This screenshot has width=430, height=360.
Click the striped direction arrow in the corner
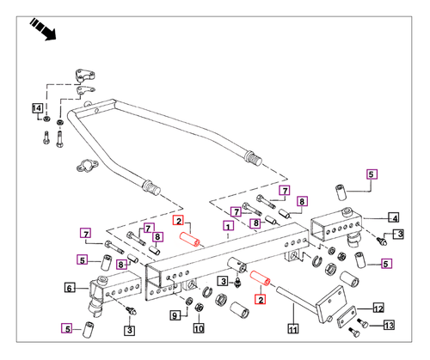click(43, 29)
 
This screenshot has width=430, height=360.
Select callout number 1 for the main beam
click(228, 226)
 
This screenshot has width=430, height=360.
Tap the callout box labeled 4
click(395, 217)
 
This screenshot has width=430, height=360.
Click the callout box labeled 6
click(70, 287)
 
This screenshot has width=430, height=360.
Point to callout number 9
click(175, 315)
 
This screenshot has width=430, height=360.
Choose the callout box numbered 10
click(199, 328)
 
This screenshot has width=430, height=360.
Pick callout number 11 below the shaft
click(292, 329)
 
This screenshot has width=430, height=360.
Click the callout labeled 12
click(378, 308)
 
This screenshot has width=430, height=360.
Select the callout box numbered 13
click(389, 325)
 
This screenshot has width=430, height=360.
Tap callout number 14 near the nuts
click(37, 108)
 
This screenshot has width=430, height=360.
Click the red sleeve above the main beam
click(190, 240)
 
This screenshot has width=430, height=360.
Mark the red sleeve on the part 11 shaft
click(260, 278)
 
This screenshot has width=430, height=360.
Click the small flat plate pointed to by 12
click(347, 317)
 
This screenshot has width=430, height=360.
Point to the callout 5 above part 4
click(372, 174)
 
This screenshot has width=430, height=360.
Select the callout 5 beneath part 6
click(67, 328)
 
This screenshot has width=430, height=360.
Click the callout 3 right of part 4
click(400, 235)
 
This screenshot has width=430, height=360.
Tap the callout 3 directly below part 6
click(130, 330)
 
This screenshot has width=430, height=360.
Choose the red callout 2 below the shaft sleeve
click(261, 300)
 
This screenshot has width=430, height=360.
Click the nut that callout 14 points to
click(46, 119)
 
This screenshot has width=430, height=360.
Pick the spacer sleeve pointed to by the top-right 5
click(341, 192)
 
